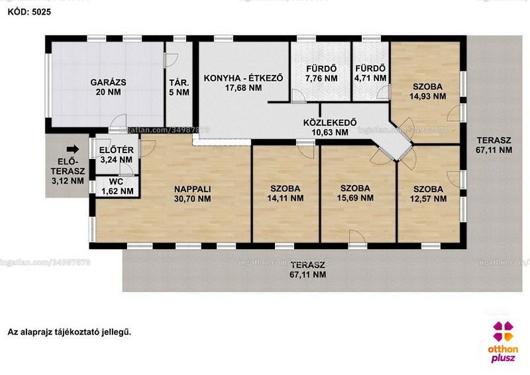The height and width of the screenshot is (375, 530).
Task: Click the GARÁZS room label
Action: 108,87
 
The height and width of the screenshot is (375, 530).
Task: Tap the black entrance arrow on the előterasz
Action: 73,149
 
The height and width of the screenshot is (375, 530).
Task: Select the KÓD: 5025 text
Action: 29,12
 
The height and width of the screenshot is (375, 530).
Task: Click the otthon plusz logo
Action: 503,341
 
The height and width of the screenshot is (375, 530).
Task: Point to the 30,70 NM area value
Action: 192,199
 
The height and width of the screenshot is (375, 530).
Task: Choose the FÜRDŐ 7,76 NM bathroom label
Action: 321,74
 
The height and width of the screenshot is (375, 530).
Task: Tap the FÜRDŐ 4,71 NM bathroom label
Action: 370,74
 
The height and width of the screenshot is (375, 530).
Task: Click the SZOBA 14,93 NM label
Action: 427,91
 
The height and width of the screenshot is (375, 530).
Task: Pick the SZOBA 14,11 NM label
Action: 286,193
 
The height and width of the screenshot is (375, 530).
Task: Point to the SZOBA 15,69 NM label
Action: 355,193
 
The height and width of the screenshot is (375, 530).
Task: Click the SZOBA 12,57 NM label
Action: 428,193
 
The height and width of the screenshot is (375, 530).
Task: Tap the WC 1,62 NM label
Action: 117,186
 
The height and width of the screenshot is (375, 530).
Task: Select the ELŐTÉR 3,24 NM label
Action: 117,154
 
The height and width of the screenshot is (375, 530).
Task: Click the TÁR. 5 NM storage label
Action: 179,87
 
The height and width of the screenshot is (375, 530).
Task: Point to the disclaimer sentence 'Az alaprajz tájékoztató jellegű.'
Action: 70,332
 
